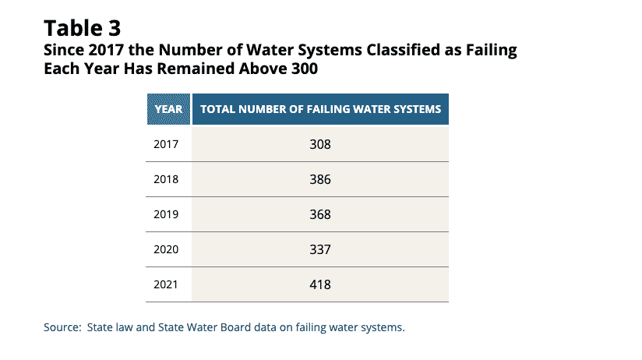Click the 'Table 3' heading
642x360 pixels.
pos(83,29)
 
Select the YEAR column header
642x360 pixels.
pos(168,109)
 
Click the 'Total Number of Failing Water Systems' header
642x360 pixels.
pos(320,109)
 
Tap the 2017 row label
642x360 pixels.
pos(167,144)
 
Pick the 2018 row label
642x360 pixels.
pos(167,179)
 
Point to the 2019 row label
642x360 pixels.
pos(167,214)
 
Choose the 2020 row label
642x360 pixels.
pos(167,249)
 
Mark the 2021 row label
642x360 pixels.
pos(167,284)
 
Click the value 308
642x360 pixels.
pos(320,144)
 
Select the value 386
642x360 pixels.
pos(320,179)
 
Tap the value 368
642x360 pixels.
pos(320,214)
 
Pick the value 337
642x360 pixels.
pos(320,249)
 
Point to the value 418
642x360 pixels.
pos(320,284)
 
